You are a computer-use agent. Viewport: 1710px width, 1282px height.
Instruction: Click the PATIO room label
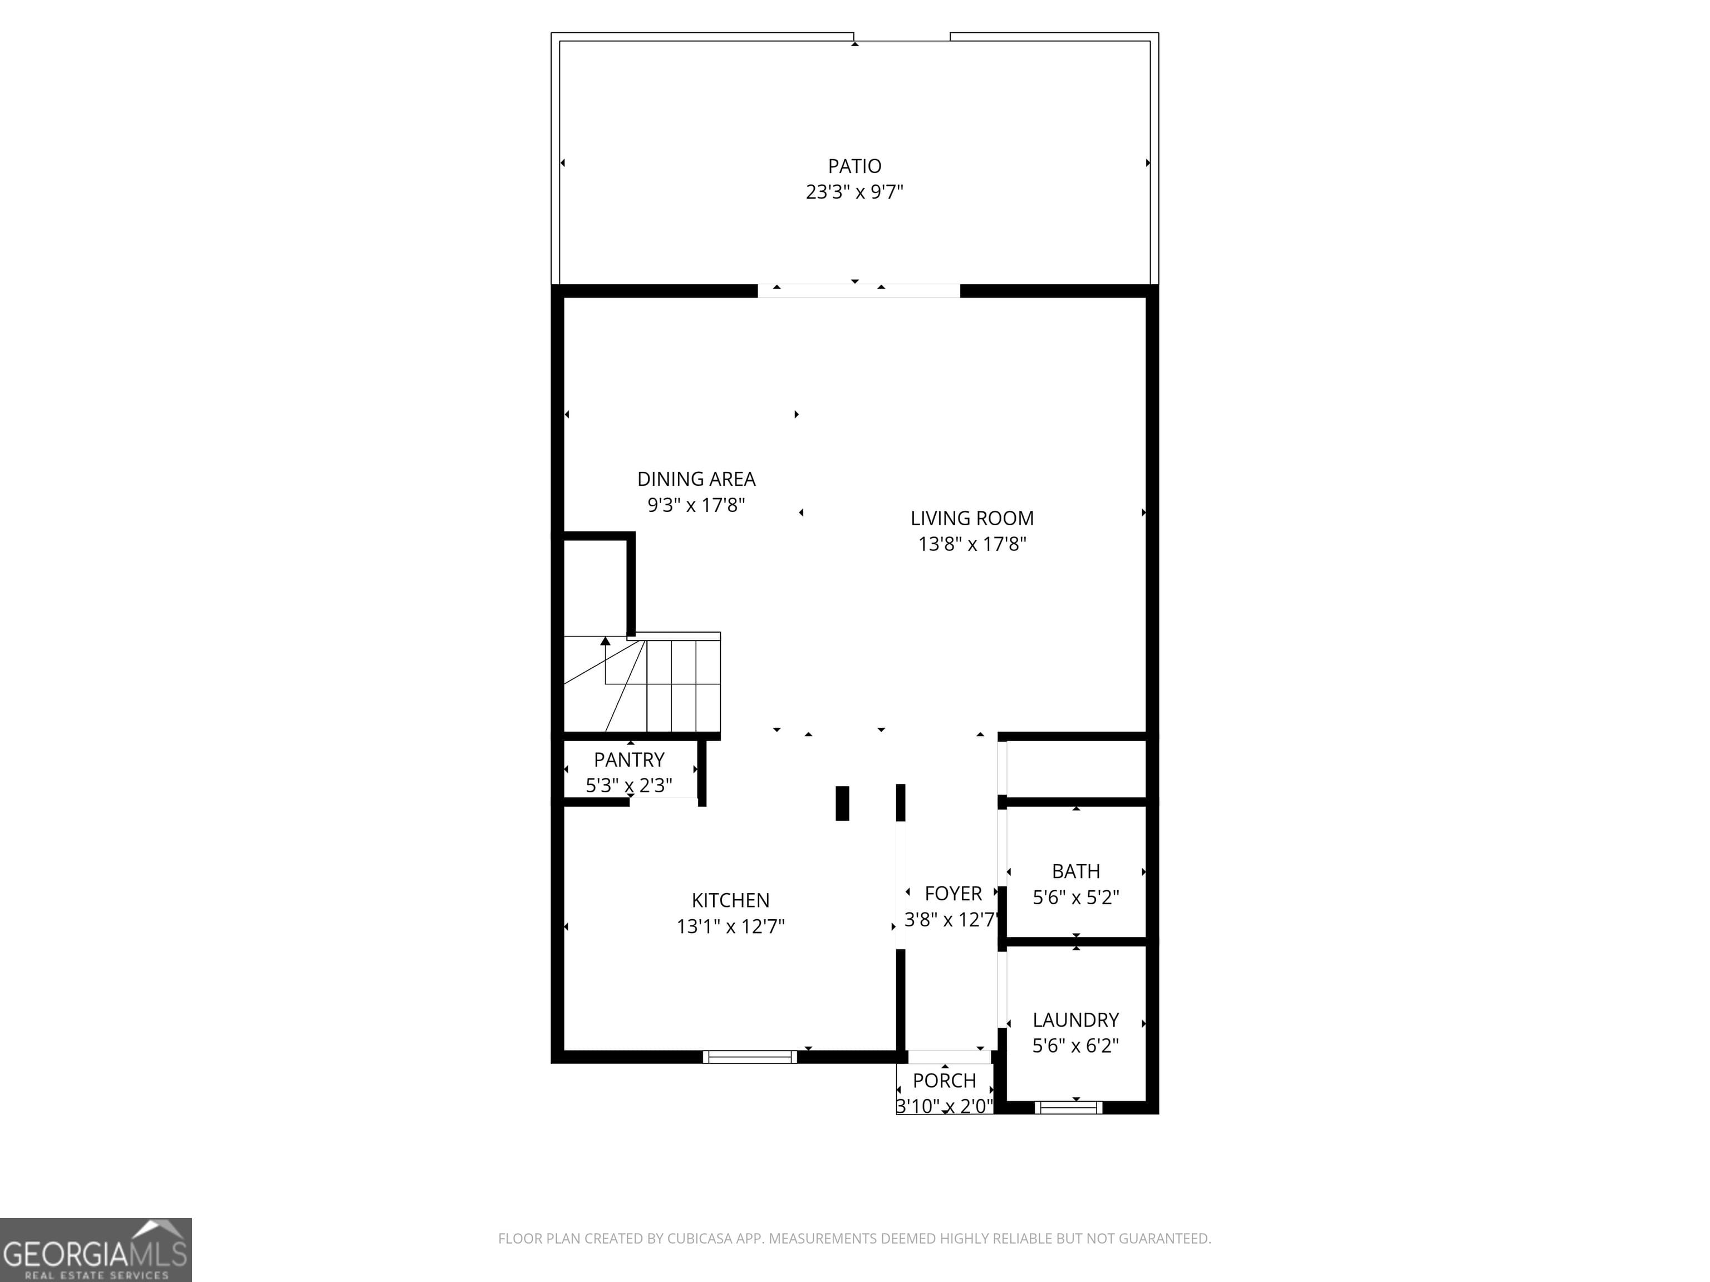pos(854,166)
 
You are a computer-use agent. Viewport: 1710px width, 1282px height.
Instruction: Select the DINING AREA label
pos(696,479)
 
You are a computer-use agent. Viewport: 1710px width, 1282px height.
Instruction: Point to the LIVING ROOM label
pos(972,519)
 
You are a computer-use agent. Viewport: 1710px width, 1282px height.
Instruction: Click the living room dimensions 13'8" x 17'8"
pos(972,544)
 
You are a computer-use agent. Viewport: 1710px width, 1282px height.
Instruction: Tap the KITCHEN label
pos(730,900)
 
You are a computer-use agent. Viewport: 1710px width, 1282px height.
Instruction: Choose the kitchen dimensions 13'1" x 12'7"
pos(730,926)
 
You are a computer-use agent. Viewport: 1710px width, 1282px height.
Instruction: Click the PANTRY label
pos(628,760)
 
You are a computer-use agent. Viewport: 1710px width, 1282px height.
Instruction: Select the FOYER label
pos(953,893)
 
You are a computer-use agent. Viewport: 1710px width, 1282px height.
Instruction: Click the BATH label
pos(1075,872)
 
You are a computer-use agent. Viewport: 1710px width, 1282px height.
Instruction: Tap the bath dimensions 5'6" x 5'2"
pos(1075,897)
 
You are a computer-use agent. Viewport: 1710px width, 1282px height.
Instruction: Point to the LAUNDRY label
pos(1075,1020)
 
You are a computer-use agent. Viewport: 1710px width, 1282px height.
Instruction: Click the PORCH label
pos(944,1081)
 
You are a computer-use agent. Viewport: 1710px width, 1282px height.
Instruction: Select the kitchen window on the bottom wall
pos(749,1056)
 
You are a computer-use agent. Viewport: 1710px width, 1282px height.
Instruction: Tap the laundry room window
pos(1068,1107)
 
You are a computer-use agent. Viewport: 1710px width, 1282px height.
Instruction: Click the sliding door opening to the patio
pos(858,290)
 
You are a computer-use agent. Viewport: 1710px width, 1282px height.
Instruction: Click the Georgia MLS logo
pos(95,1250)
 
